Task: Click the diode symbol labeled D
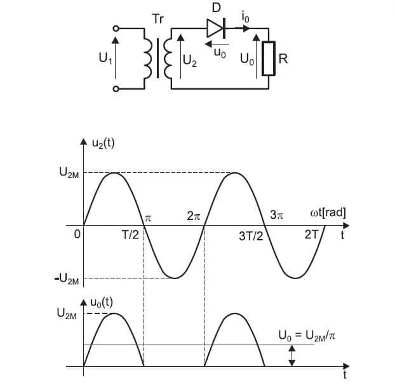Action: click(216, 28)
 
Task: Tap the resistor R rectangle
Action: click(269, 58)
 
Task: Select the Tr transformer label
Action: click(158, 19)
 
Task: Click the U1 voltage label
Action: click(105, 58)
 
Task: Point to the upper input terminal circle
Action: click(116, 29)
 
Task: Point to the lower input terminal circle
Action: click(116, 89)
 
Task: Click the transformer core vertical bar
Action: click(158, 58)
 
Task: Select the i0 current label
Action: click(245, 18)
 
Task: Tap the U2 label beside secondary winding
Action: click(190, 61)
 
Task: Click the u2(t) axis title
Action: click(104, 143)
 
